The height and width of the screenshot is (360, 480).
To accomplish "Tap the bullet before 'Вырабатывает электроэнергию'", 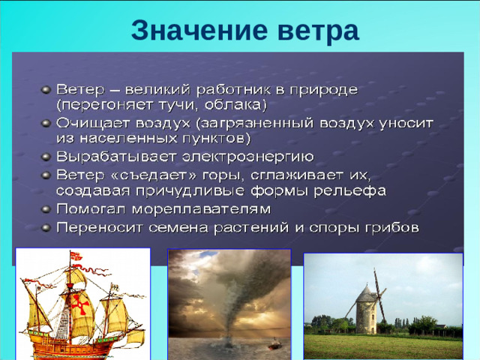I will click(x=47, y=155).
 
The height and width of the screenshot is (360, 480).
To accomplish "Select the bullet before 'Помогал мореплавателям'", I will click(x=47, y=207).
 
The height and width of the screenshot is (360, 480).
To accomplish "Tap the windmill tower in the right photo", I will click(x=366, y=311).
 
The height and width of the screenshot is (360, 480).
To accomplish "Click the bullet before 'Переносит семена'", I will click(x=47, y=225).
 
